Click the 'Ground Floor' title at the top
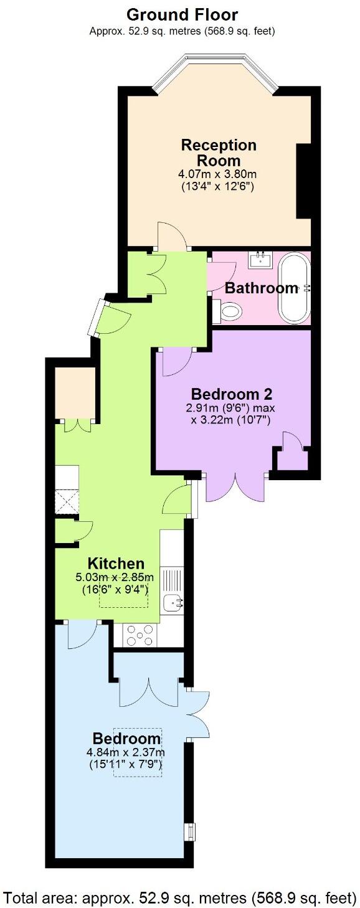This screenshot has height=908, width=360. (x=182, y=14)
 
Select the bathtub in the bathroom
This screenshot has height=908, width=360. (x=294, y=287)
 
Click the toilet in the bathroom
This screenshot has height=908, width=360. (x=229, y=311)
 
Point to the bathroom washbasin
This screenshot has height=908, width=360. (x=260, y=259)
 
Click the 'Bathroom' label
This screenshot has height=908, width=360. (x=261, y=288)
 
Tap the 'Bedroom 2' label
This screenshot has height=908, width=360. (x=232, y=394)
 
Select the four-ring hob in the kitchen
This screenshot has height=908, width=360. (x=141, y=635)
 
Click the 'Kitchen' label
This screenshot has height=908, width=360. (x=116, y=563)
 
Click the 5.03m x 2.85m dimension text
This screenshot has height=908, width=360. (x=114, y=577)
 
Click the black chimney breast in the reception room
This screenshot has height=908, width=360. (x=303, y=181)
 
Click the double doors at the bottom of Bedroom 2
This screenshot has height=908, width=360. (x=235, y=486)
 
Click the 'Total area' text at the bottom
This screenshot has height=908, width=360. (x=178, y=897)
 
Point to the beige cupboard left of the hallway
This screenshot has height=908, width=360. (x=75, y=393)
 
